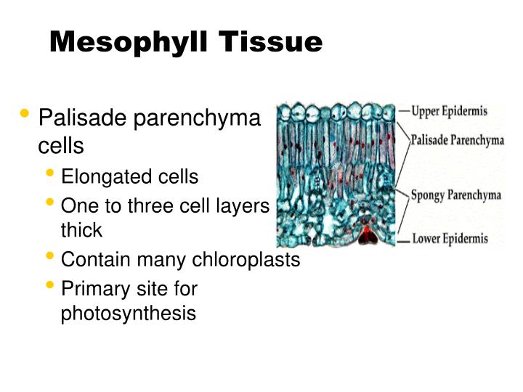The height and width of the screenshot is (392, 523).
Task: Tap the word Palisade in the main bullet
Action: (79, 117)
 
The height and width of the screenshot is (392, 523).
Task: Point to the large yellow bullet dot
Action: (26, 114)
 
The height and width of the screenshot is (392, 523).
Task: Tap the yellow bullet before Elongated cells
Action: (50, 174)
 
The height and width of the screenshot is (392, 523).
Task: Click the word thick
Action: (81, 231)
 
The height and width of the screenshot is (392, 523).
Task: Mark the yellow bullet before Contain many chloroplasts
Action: (50, 257)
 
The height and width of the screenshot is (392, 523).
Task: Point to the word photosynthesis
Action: (129, 314)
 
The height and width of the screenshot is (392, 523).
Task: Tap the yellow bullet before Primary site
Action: (50, 286)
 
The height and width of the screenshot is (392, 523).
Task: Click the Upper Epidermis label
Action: (449, 111)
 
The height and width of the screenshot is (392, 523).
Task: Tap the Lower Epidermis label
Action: (450, 237)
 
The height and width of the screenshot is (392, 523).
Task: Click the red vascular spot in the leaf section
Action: (368, 234)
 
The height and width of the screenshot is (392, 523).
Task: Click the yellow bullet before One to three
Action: (50, 203)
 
